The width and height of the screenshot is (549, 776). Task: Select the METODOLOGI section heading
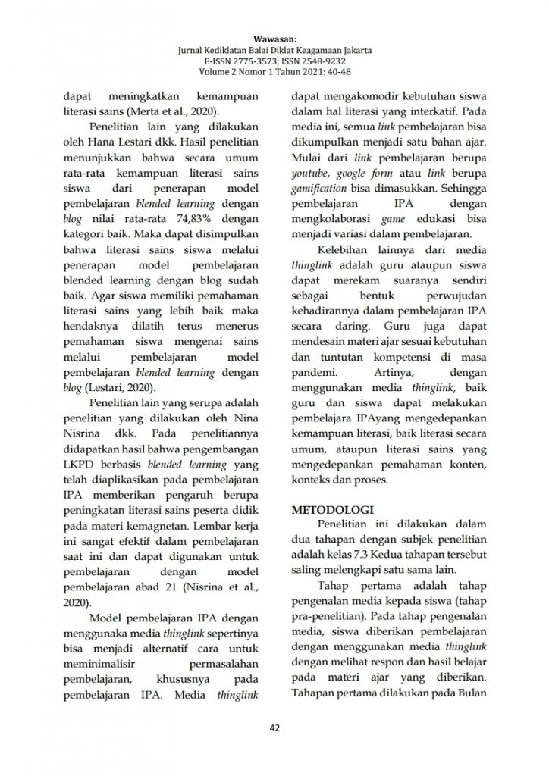pos(331,512)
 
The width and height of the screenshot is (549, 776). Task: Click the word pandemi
pos(314,373)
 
